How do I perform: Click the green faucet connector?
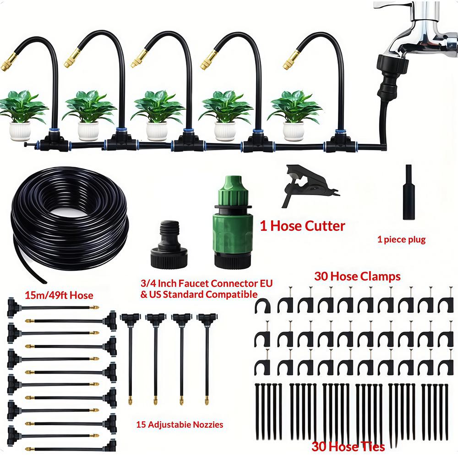click(233, 222)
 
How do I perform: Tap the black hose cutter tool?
click(307, 184)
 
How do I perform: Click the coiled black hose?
click(69, 219)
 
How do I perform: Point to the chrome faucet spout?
click(424, 32)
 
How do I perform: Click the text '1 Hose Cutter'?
click(302, 226)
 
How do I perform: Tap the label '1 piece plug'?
click(401, 240)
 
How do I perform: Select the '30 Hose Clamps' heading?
click(357, 276)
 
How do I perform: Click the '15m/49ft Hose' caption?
click(59, 295)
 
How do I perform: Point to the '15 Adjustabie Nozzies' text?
click(180, 425)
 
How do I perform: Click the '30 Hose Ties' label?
click(348, 446)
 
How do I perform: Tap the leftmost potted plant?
click(22, 114)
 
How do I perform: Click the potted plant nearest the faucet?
click(294, 114)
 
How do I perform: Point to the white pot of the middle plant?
click(157, 131)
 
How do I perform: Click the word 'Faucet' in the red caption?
click(193, 284)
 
